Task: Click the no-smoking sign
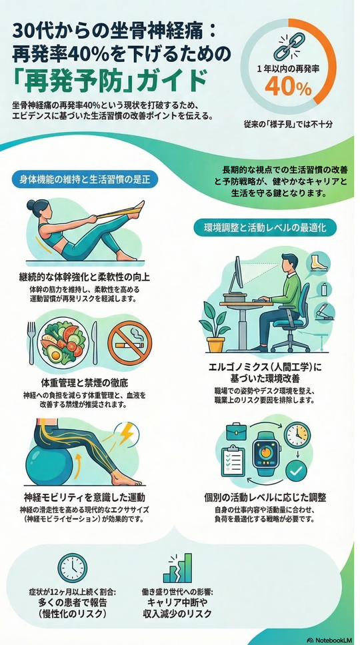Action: pos(129,342)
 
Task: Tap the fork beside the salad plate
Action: pos(31,343)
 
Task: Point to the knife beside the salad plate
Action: pos(95,343)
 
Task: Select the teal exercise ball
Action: pos(50,464)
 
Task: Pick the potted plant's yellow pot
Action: pos(215,344)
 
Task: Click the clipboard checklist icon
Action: pos(233,460)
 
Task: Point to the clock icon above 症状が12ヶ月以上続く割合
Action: pos(73,568)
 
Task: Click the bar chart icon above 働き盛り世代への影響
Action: pos(177,568)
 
